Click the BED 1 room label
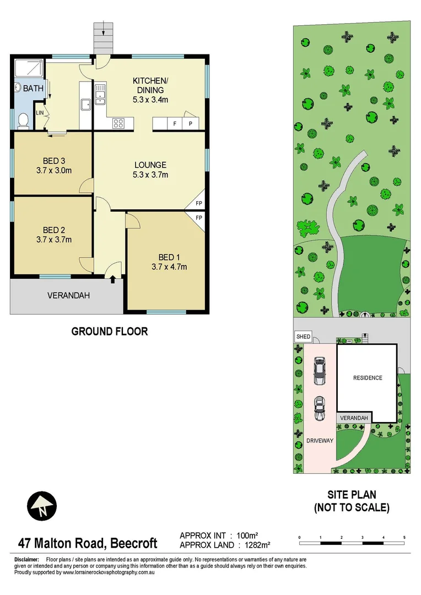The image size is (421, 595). pos(169,257)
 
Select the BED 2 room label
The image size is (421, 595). pos(54,230)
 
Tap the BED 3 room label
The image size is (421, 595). pos(54,161)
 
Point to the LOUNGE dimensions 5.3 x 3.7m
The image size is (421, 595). pos(150,175)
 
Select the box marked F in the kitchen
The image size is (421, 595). pos(175,124)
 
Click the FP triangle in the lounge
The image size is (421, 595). pos(199,204)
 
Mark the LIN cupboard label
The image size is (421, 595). pos(40,113)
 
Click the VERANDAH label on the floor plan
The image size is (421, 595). pos(68,296)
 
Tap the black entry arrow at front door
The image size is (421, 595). pos(112,280)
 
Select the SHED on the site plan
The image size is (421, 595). pos(303,337)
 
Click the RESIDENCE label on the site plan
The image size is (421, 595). pos(368,378)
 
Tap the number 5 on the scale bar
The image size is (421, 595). pos(404,537)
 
